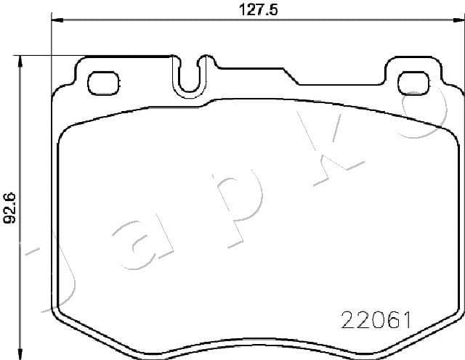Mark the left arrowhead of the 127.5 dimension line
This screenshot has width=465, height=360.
tap(53, 21)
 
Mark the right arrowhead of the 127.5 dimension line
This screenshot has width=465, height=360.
tap(457, 21)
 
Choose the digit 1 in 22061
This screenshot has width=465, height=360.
tap(409, 319)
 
